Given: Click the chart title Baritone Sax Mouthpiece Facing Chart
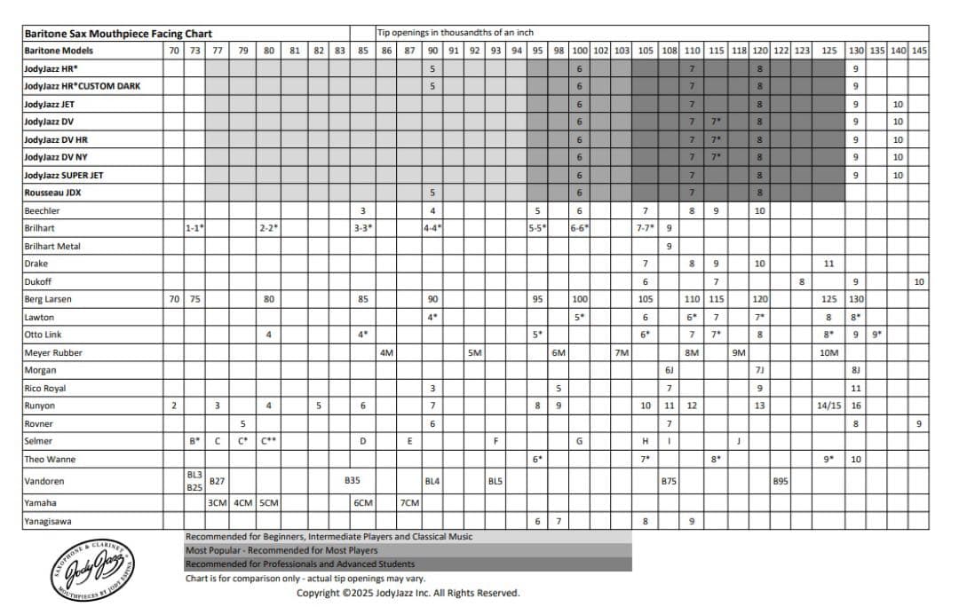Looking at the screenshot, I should [118, 33].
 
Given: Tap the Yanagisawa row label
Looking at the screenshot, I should [51, 522].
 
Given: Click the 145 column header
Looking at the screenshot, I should [919, 51].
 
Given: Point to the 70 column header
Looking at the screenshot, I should [174, 51].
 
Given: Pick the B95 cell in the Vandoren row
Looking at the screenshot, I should [781, 481].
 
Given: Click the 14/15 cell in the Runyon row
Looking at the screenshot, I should [828, 406].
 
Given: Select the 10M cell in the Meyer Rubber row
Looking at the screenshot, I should [828, 352].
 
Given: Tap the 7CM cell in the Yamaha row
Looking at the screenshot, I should [409, 503].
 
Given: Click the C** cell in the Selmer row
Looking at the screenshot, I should [269, 441].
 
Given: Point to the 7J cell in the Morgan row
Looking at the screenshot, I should [760, 370].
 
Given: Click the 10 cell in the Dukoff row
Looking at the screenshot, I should [919, 281].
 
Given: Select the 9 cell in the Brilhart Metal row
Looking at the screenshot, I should [669, 246].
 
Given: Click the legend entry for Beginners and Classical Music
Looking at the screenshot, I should [329, 537].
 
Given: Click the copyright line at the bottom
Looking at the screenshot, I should [408, 593].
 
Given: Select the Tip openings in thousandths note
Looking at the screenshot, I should [456, 33].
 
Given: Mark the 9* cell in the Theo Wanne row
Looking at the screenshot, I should [828, 459].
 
